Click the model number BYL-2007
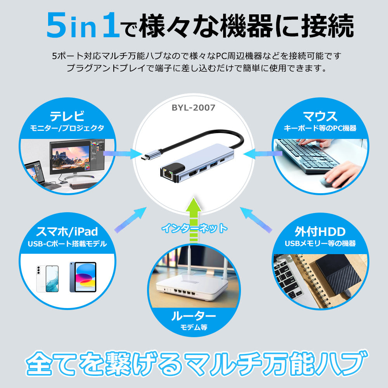[x=193, y=107]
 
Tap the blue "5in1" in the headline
[x=83, y=26]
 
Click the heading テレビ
[x=67, y=116]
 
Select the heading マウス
[x=320, y=116]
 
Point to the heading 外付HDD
[x=320, y=232]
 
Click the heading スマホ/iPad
[x=67, y=232]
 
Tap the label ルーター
[x=193, y=316]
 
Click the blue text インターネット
[x=194, y=228]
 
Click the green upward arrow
[x=194, y=219]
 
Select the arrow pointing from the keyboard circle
[x=263, y=154]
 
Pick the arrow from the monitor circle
[x=123, y=154]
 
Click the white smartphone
[x=47, y=279]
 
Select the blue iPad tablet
[x=83, y=277]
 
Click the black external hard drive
[x=338, y=274]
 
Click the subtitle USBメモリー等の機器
[x=320, y=244]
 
